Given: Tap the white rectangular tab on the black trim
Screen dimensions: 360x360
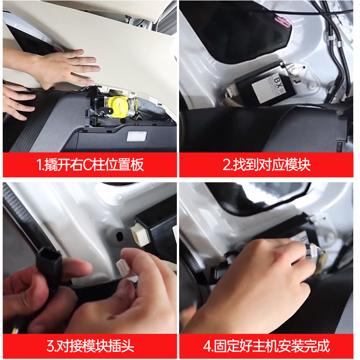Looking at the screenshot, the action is [x=137, y=136].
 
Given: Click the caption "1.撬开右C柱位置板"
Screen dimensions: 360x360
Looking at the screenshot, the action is [x=90, y=165].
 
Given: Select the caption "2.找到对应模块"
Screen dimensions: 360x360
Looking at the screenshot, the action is [x=266, y=165].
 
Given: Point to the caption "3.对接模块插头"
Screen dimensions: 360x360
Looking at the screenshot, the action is [x=90, y=346].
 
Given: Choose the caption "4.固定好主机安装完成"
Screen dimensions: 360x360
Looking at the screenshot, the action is [x=266, y=346].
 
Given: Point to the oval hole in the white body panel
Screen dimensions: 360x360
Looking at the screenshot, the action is [x=119, y=237].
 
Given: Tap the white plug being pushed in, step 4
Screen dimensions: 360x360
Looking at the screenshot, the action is [x=313, y=250].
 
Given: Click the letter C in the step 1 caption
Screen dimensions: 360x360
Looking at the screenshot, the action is [x=87, y=165].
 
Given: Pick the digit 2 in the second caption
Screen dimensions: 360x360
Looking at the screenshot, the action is [x=226, y=165].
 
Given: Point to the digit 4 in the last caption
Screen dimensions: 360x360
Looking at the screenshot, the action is [x=207, y=346].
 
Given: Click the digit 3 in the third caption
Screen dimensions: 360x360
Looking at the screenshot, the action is [x=50, y=346].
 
